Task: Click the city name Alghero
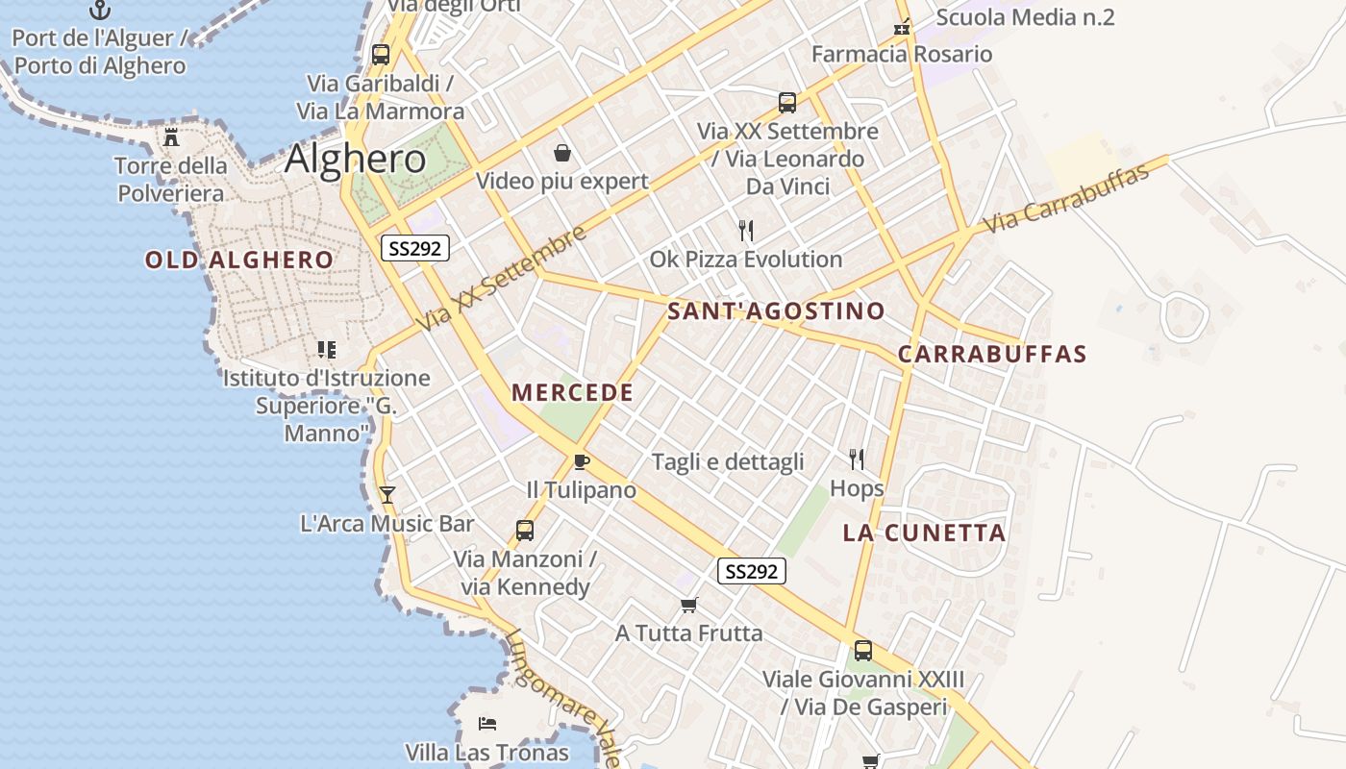(x=355, y=158)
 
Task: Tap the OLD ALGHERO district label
(x=239, y=260)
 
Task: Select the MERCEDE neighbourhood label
(x=572, y=392)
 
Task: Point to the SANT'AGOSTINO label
(x=776, y=310)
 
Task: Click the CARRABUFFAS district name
(x=992, y=354)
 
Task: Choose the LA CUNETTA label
(x=924, y=533)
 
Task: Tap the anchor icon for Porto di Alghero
(x=100, y=11)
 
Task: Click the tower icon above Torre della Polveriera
(x=171, y=137)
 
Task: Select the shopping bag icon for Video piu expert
(x=562, y=153)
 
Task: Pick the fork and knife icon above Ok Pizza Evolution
(x=745, y=231)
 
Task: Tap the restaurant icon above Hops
(x=857, y=459)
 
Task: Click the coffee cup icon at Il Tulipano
(x=581, y=462)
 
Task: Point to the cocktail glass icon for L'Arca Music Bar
(x=386, y=495)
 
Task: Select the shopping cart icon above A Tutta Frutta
(x=688, y=605)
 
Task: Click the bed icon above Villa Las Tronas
(x=486, y=723)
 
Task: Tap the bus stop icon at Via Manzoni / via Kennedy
(x=525, y=530)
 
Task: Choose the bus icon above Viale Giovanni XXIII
(x=863, y=651)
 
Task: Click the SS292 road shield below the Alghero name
(x=415, y=248)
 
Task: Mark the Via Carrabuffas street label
(x=1066, y=199)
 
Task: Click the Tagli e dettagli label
(x=728, y=461)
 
